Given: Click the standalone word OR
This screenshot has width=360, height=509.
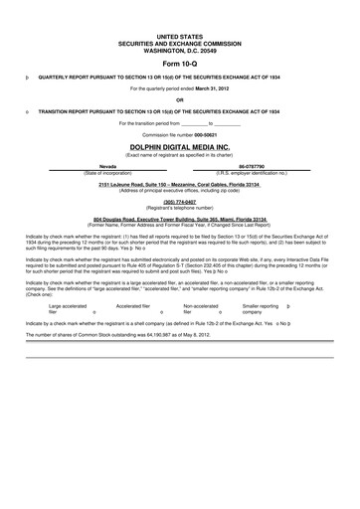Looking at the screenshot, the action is tap(179, 98).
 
